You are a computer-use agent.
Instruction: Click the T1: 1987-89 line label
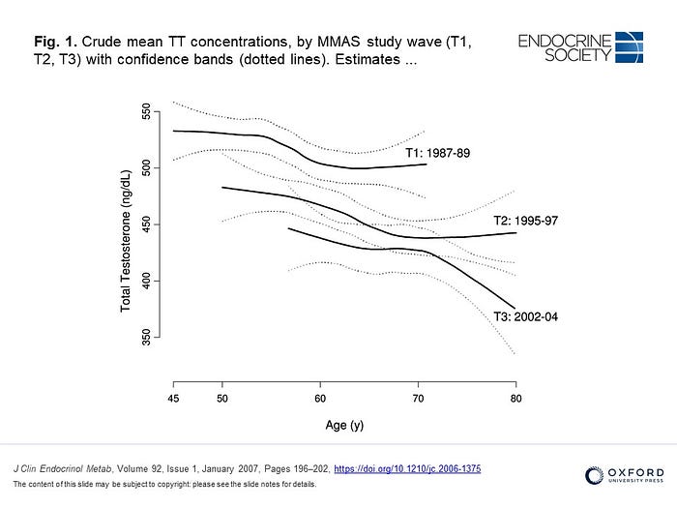(437, 153)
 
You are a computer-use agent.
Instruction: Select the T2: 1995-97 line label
(525, 221)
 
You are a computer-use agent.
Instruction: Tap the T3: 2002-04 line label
(525, 316)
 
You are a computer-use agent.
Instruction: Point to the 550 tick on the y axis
(146, 111)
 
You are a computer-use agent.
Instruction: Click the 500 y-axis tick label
(146, 168)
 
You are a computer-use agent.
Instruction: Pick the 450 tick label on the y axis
(146, 224)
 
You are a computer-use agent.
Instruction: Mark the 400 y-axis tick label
(146, 281)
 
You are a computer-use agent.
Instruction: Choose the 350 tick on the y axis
(146, 337)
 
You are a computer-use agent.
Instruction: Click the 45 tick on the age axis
(173, 399)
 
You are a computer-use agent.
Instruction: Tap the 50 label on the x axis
(221, 399)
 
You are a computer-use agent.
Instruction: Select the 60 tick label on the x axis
(320, 399)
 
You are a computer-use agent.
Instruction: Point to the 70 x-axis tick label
(418, 399)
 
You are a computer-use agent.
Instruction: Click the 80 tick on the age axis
(515, 399)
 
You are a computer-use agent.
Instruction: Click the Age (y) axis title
(344, 426)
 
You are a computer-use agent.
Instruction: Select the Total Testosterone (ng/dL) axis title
(126, 241)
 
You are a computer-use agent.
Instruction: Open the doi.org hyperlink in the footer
(407, 468)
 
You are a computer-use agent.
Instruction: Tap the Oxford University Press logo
(625, 475)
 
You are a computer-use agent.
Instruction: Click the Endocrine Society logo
(580, 47)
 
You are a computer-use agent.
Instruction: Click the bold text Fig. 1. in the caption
(56, 42)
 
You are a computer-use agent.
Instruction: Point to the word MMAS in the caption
(338, 42)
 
